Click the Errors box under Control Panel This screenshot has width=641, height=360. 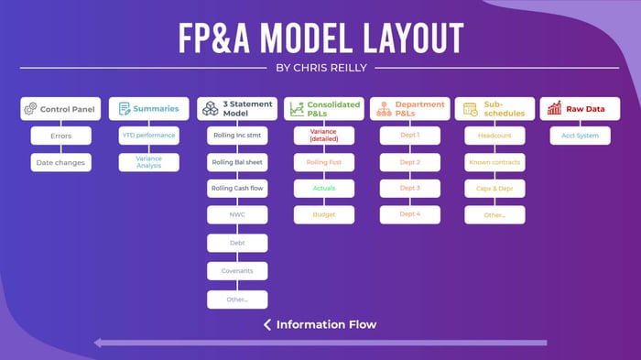[61, 136]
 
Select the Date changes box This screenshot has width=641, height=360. [61, 162]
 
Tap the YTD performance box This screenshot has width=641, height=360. [148, 136]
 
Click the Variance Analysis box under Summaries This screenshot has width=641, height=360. [148, 162]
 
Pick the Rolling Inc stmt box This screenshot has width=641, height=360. [236, 136]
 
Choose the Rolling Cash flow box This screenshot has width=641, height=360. [236, 189]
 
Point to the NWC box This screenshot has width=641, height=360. [236, 215]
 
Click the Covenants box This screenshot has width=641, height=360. [236, 271]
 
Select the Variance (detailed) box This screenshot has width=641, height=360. [323, 136]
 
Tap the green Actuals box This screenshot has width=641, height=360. [323, 189]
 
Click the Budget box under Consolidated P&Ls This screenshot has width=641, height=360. [323, 215]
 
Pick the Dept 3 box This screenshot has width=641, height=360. [411, 189]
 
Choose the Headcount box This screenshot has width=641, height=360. [494, 136]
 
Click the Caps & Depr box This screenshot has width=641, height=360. [494, 189]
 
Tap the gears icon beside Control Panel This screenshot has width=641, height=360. [31, 109]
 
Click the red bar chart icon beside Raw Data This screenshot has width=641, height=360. [555, 109]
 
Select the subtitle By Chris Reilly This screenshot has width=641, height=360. [320, 68]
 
